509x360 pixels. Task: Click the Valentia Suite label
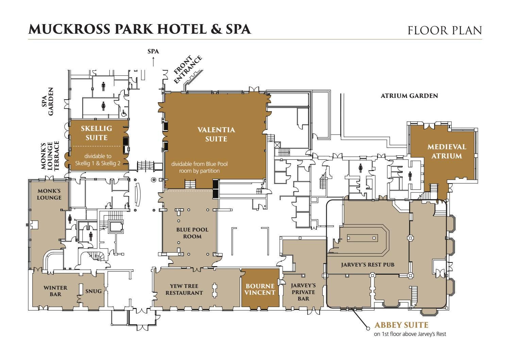coord(216,134)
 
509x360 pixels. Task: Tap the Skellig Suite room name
coord(97,133)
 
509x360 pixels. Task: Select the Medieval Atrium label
coord(447,151)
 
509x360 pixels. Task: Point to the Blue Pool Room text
coord(192,233)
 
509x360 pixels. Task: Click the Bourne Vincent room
coord(260,289)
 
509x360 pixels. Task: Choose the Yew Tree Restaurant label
coord(184,289)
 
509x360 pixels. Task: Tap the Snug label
coord(94,291)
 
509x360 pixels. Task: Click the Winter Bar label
coord(55,291)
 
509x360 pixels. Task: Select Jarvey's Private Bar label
coord(303,292)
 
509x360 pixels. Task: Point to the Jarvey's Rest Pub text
coord(368,264)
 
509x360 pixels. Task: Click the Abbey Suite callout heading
coord(401,325)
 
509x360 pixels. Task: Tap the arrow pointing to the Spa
coord(153,62)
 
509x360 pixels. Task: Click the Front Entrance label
coord(187,69)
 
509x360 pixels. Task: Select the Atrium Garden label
coord(409,96)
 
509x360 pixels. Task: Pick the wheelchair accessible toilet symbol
coord(124,113)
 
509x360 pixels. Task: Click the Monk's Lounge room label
coord(49,194)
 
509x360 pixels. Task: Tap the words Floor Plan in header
coord(445,30)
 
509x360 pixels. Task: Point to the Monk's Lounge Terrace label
coord(50,155)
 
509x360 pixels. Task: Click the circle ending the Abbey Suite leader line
coord(368,328)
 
